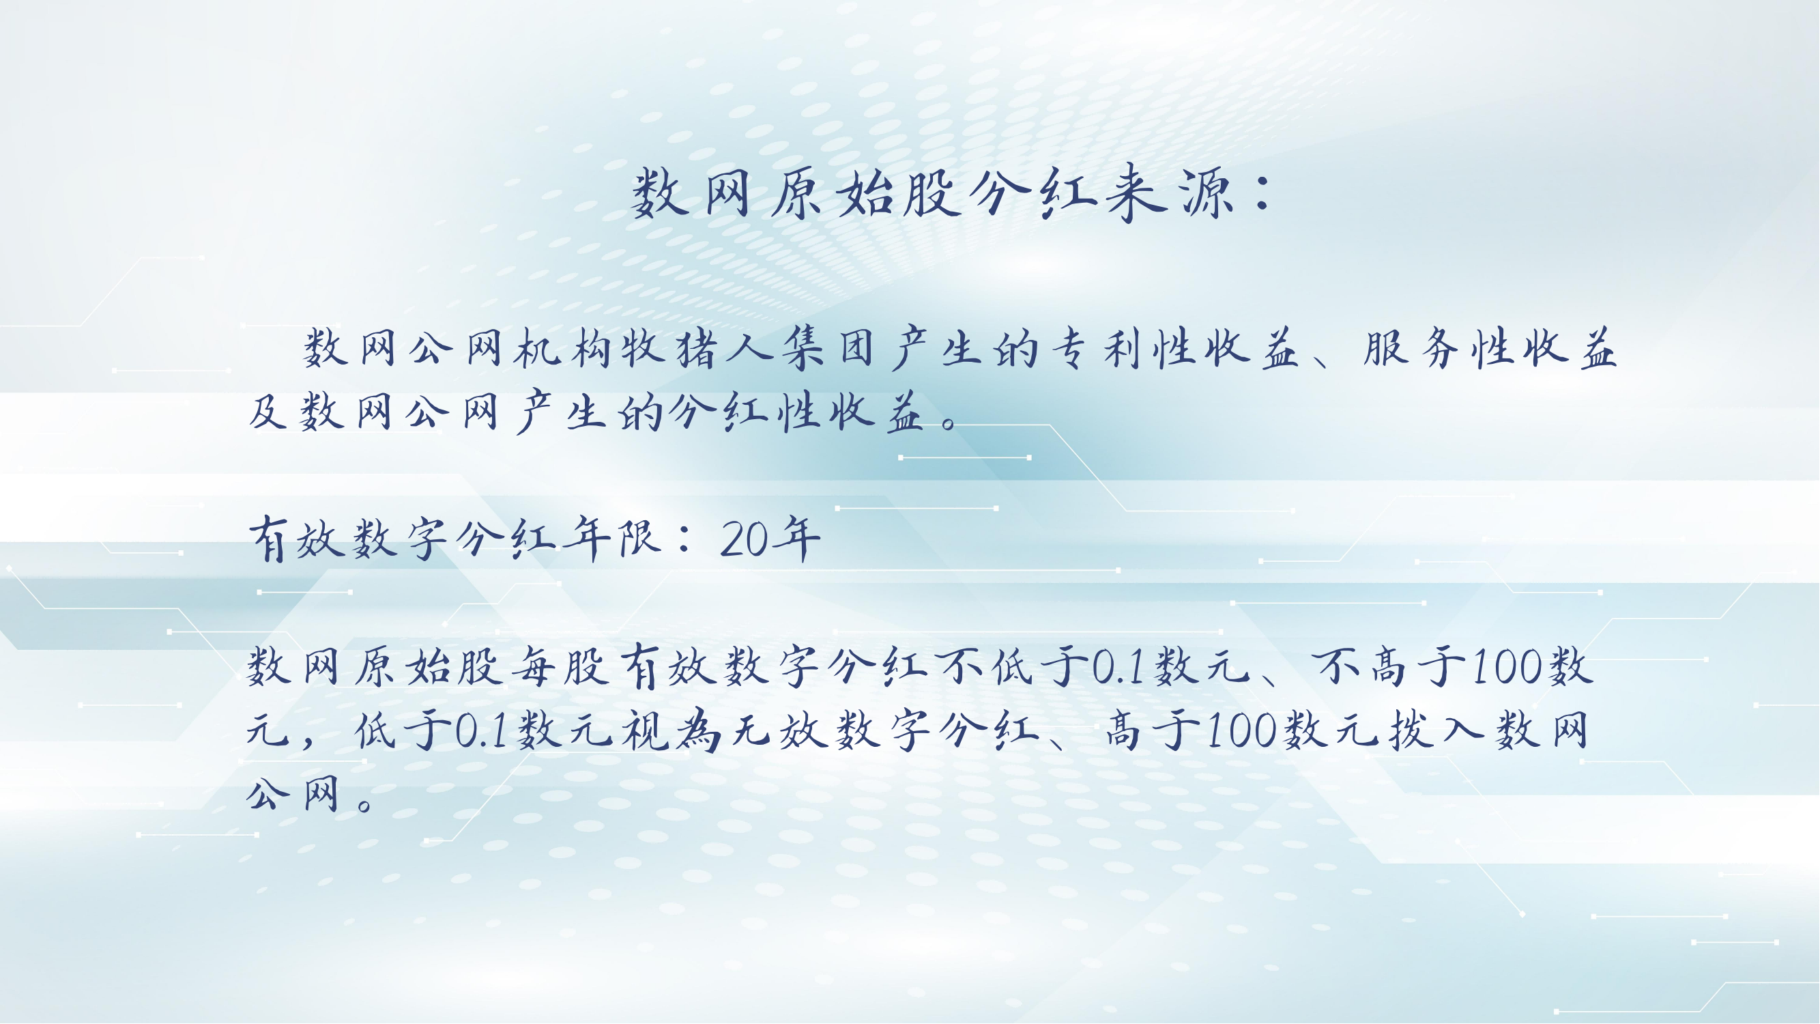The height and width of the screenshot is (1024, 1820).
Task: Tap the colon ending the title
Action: click(x=1262, y=194)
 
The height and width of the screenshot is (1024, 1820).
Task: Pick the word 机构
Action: click(x=563, y=349)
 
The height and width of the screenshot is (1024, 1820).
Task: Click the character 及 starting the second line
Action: click(x=268, y=411)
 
